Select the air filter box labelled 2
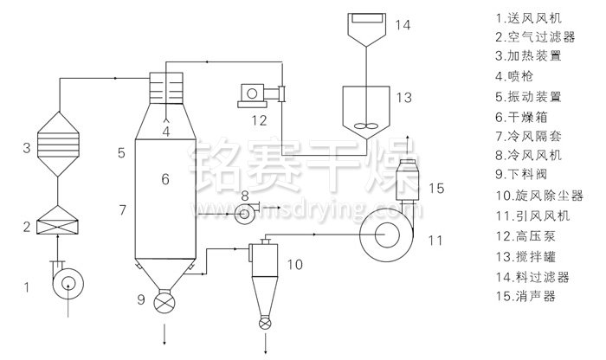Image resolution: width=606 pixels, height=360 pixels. click(57, 220)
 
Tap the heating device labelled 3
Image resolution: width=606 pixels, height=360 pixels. click(58, 144)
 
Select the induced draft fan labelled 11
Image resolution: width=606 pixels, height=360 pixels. click(386, 235)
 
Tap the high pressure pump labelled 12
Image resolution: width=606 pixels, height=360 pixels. click(261, 95)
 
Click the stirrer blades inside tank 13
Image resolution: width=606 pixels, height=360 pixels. click(365, 126)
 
